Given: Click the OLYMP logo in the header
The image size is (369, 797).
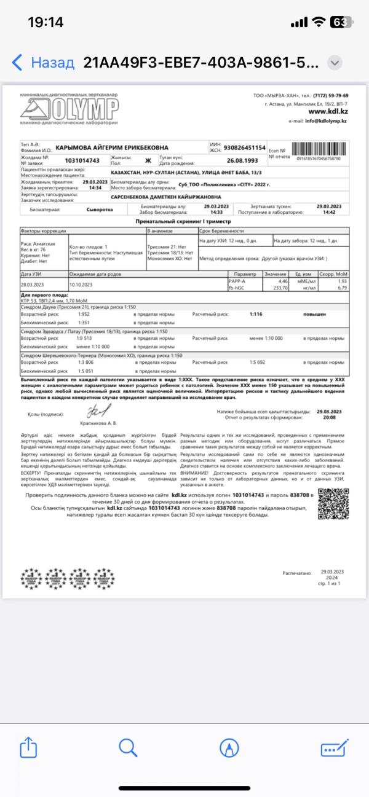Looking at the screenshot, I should click(69, 110).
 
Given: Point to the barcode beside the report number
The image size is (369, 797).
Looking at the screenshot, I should click(318, 150).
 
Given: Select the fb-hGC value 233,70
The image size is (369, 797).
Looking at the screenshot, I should click(280, 286).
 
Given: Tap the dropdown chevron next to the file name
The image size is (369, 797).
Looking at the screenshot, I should click(335, 63).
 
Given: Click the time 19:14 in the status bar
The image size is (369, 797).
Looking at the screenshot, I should click(46, 22).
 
